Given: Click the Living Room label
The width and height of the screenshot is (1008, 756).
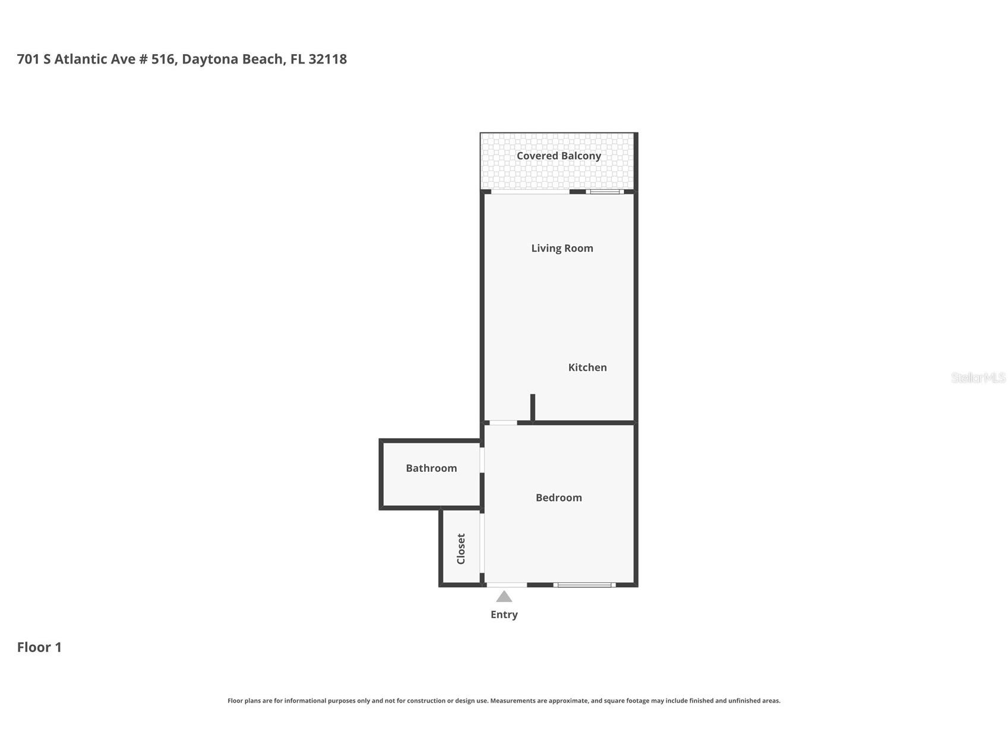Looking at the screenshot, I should click(562, 248).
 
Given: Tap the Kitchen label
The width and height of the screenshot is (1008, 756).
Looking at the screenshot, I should click(587, 367).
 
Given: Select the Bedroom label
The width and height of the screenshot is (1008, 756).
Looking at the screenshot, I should click(558, 498).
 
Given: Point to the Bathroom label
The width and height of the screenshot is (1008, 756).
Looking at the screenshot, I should click(431, 468).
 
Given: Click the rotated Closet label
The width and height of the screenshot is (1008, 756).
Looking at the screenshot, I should click(461, 549).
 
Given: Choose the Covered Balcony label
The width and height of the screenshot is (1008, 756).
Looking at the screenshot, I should click(558, 156).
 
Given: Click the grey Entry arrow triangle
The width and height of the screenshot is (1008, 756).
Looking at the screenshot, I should click(504, 597).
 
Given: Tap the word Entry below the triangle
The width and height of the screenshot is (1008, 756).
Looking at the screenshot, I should click(504, 615).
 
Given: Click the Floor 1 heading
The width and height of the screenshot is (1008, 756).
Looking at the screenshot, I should click(39, 647).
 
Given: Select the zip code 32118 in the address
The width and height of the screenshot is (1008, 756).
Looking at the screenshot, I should click(327, 59).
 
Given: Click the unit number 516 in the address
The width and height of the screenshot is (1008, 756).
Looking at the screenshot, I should click(162, 59).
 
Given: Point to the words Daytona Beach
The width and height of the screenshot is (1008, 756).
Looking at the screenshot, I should click(233, 59).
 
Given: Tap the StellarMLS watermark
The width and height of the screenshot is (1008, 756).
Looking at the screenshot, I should click(978, 378).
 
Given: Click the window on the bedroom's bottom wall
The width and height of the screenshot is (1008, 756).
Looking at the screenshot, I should click(584, 585).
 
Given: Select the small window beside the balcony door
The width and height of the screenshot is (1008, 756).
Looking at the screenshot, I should click(605, 191).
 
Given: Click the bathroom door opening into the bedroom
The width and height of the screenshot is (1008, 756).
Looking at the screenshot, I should click(482, 460).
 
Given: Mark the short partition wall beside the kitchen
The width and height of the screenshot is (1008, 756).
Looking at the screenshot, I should click(533, 408).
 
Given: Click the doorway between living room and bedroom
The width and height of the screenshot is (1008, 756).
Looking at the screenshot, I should click(503, 423).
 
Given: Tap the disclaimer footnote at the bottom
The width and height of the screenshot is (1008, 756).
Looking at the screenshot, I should click(504, 701).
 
